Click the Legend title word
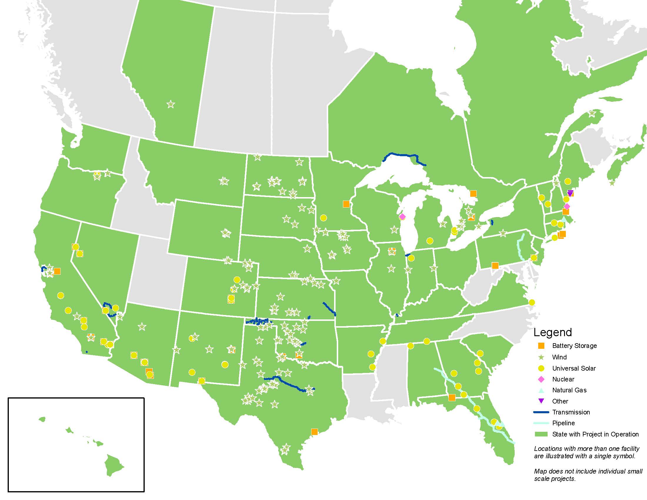[x=553, y=332]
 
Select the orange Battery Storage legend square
[x=541, y=346]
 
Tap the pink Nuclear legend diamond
[x=541, y=379]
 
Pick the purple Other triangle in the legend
[x=541, y=401]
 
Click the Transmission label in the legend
[x=571, y=412]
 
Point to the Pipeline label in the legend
[x=563, y=423]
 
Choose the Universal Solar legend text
[x=574, y=368]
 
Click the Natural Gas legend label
[x=569, y=390]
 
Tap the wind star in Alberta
[x=171, y=104]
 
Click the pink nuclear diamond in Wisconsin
[x=402, y=217]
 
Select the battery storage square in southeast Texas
[x=314, y=432]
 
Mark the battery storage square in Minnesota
[x=346, y=204]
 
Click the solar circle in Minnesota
[x=323, y=218]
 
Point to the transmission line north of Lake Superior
[x=404, y=155]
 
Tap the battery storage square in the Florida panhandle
[x=452, y=398]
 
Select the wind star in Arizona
[x=142, y=327]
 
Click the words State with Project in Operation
[x=595, y=434]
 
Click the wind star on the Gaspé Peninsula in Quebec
[x=592, y=114]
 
